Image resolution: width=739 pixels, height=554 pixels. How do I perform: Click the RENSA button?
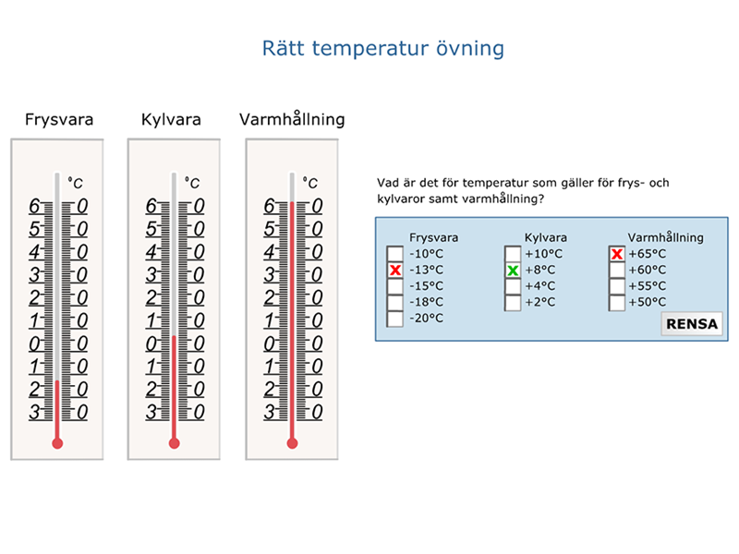pyautogui.click(x=692, y=324)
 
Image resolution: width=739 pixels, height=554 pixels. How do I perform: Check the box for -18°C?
pyautogui.click(x=395, y=302)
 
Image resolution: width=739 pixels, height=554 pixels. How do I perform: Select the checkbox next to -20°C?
pyautogui.click(x=395, y=319)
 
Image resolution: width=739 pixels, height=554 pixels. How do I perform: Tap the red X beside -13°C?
pyautogui.click(x=395, y=270)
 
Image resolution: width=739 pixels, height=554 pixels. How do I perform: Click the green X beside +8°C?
pyautogui.click(x=513, y=270)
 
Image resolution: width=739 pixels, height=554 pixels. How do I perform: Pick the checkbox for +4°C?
pyautogui.click(x=513, y=286)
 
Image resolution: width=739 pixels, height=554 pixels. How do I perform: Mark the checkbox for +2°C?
pyautogui.click(x=513, y=302)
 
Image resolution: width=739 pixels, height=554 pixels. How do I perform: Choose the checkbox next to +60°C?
pyautogui.click(x=617, y=270)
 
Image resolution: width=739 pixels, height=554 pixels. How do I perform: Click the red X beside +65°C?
pyautogui.click(x=617, y=254)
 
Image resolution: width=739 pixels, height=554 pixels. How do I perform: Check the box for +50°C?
pyautogui.click(x=617, y=302)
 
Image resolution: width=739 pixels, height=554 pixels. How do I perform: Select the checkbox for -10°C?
pyautogui.click(x=395, y=254)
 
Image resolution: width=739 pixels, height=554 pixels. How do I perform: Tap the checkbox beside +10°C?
pyautogui.click(x=513, y=254)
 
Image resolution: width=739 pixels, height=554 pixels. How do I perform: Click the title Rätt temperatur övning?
pyautogui.click(x=382, y=49)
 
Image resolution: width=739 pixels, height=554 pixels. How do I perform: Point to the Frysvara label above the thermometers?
pyautogui.click(x=59, y=120)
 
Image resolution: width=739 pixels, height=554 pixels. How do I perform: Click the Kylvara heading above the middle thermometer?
pyautogui.click(x=171, y=120)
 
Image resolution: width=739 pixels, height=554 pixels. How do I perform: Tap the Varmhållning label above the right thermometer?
pyautogui.click(x=292, y=119)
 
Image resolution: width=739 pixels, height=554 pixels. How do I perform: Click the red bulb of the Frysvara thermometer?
pyautogui.click(x=57, y=443)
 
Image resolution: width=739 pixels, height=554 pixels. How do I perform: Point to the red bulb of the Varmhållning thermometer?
pyautogui.click(x=292, y=443)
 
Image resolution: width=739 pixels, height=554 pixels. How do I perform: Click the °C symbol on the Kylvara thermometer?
pyautogui.click(x=192, y=182)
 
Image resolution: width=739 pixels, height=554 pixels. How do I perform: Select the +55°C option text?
pyautogui.click(x=648, y=286)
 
